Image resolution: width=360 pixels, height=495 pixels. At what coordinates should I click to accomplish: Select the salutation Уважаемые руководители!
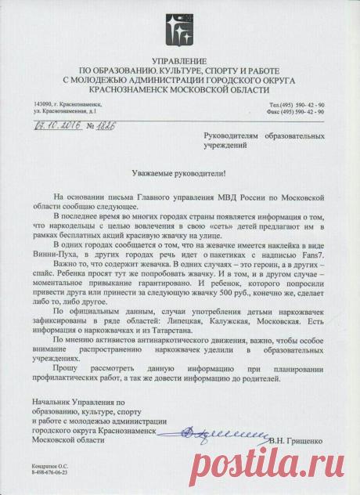(178, 175)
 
